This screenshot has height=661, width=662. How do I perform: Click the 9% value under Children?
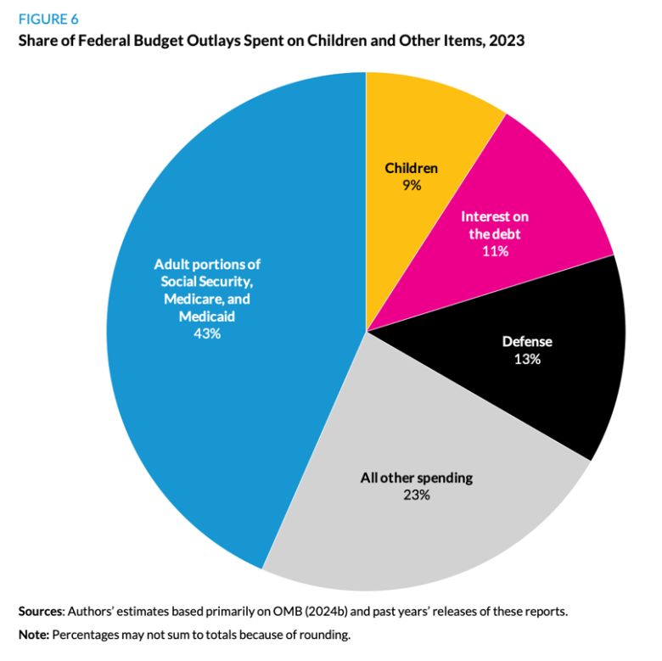tap(412, 184)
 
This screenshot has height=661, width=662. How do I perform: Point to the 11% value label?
tap(496, 251)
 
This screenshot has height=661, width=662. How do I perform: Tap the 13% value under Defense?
tap(527, 359)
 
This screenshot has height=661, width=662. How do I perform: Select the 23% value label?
tap(416, 495)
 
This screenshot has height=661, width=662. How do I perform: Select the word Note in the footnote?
tap(34, 634)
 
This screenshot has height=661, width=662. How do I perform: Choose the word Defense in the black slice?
tap(527, 342)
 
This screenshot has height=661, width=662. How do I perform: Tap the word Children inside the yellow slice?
tap(412, 168)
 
